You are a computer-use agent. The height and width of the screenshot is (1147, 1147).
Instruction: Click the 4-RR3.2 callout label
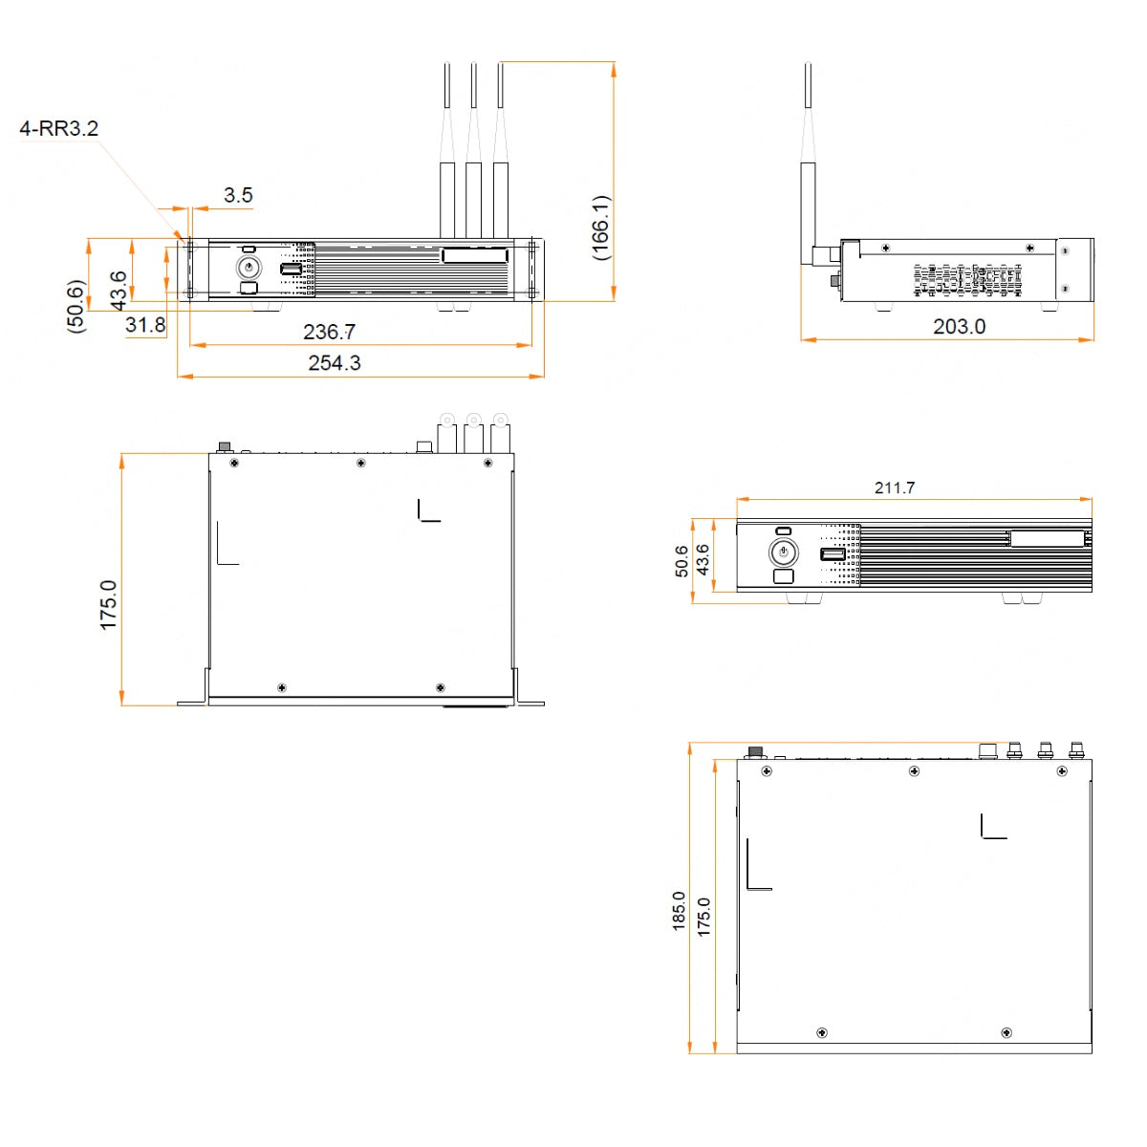59,128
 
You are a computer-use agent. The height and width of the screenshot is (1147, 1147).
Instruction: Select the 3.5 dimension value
238,196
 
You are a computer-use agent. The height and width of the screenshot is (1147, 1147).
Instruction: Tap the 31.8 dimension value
145,325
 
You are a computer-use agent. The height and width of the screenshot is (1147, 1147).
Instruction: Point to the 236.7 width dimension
329,332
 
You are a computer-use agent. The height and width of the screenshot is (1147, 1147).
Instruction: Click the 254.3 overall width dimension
335,363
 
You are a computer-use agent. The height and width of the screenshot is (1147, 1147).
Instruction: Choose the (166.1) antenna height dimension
600,227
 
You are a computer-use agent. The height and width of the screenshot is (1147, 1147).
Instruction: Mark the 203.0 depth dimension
959,327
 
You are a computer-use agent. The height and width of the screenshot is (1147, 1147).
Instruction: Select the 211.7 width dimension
895,487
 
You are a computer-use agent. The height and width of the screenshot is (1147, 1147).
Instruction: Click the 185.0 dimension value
679,911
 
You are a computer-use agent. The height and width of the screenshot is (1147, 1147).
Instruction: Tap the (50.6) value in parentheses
76,306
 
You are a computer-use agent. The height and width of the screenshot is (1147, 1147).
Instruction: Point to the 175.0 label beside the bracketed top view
109,604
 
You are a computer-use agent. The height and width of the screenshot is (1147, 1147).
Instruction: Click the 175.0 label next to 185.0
703,916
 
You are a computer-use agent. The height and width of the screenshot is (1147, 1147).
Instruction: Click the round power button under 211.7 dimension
783,552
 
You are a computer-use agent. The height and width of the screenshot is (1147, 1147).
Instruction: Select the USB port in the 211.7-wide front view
833,554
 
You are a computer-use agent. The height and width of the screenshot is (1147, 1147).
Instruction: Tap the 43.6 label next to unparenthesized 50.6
703,560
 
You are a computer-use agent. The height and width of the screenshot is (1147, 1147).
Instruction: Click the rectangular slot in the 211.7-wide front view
1047,538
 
